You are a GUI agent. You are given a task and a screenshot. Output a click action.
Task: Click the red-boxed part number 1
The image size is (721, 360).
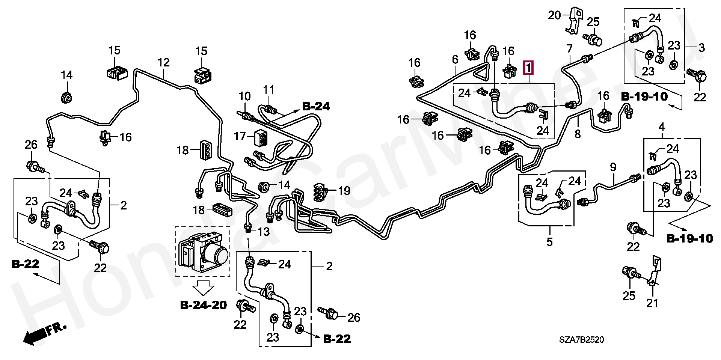tap(528, 68)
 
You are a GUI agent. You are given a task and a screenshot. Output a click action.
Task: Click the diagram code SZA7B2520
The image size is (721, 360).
tap(581, 340)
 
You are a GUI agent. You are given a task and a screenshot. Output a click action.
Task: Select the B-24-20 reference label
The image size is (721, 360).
tap(204, 305)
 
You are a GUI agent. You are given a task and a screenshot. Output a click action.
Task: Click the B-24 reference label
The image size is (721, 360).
tap(316, 107)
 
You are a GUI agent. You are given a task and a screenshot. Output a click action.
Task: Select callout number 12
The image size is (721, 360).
tap(163, 62)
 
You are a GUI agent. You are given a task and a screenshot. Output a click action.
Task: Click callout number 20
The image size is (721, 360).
tap(554, 15)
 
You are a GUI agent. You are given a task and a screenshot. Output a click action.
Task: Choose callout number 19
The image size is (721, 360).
tap(344, 191)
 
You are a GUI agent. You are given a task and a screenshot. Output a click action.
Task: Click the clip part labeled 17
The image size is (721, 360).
tap(261, 138)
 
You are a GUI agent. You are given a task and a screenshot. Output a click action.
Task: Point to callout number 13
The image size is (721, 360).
tap(264, 232)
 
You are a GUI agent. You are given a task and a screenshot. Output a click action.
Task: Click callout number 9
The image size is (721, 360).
tap(613, 167)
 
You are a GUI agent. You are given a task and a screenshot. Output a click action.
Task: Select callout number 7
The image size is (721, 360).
tap(570, 48)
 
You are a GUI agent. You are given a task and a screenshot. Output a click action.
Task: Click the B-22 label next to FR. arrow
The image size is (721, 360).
tap(26, 264)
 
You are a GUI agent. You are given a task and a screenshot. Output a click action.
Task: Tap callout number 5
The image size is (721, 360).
tap(549, 242)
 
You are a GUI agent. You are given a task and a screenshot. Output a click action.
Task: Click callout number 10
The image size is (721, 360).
tap(244, 96)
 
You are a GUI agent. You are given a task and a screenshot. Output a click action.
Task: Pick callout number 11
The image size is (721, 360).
tap(268, 90)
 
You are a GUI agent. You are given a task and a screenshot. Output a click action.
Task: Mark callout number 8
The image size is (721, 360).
tap(578, 134)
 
